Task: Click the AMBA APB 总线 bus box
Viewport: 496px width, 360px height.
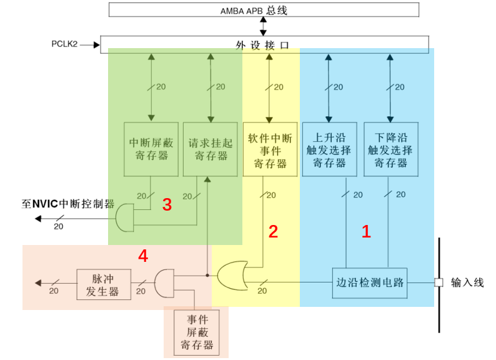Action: [x=263, y=10]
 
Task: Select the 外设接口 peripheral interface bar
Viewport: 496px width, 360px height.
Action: [x=263, y=44]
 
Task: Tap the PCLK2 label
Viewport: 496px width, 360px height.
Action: [x=64, y=44]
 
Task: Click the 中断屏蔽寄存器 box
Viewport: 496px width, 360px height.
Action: [x=151, y=149]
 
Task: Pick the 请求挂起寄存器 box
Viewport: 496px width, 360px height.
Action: [x=210, y=149]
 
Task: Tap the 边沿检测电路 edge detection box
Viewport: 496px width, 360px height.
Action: [x=370, y=282]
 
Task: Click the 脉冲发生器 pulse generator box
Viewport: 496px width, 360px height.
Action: [x=102, y=284]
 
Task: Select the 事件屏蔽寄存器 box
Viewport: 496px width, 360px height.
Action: [x=196, y=333]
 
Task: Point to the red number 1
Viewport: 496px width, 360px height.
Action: [x=366, y=232]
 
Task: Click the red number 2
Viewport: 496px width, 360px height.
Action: [x=273, y=232]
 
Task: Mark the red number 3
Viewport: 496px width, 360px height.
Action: [x=167, y=205]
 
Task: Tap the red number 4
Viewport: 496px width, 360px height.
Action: [x=143, y=256]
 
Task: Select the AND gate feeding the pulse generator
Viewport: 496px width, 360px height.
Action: [x=164, y=283]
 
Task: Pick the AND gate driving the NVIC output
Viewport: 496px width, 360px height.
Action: [x=126, y=217]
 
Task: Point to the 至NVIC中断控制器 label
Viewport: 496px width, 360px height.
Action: [x=67, y=204]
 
